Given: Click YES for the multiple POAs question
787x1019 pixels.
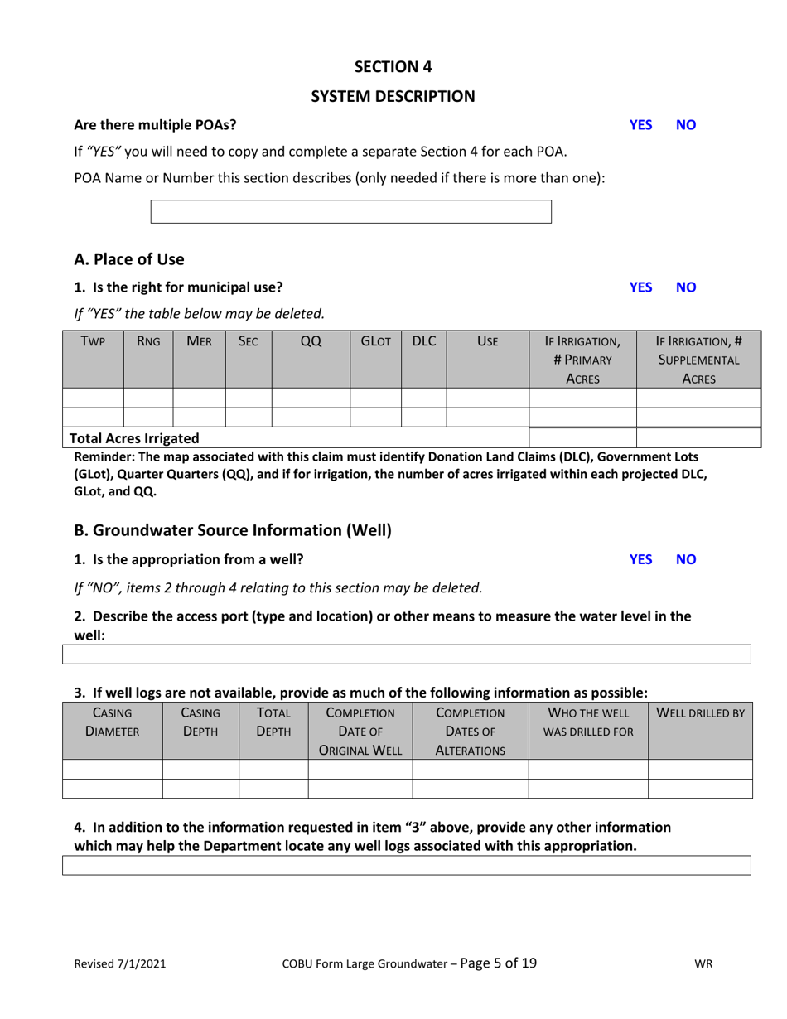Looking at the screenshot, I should [x=640, y=125].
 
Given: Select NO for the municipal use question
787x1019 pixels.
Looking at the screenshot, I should [x=687, y=287].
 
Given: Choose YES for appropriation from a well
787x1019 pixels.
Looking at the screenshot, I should [x=640, y=559].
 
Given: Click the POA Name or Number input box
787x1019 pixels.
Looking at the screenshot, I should [x=350, y=211].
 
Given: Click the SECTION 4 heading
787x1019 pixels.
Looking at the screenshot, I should [x=393, y=66].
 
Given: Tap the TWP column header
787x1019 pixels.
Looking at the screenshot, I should [x=93, y=340].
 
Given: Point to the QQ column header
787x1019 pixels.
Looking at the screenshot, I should [x=311, y=340].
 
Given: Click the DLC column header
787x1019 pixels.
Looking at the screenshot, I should [x=423, y=340].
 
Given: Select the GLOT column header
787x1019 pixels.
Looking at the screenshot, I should [x=375, y=340].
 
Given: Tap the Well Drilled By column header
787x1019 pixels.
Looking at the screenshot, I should [x=700, y=712].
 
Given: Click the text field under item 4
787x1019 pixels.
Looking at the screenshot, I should [x=407, y=866].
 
